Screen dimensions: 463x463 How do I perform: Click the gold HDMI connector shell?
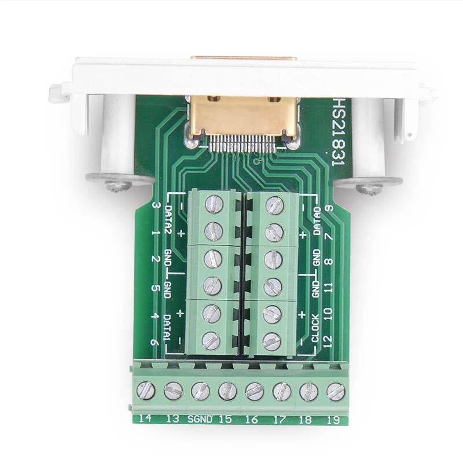(244, 116)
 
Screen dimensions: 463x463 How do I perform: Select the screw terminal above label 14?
(146, 391)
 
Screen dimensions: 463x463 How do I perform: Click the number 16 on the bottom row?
(251, 418)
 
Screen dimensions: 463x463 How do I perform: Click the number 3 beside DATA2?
(155, 206)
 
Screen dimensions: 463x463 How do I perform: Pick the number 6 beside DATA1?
(155, 341)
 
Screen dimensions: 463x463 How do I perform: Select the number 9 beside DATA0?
(328, 208)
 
